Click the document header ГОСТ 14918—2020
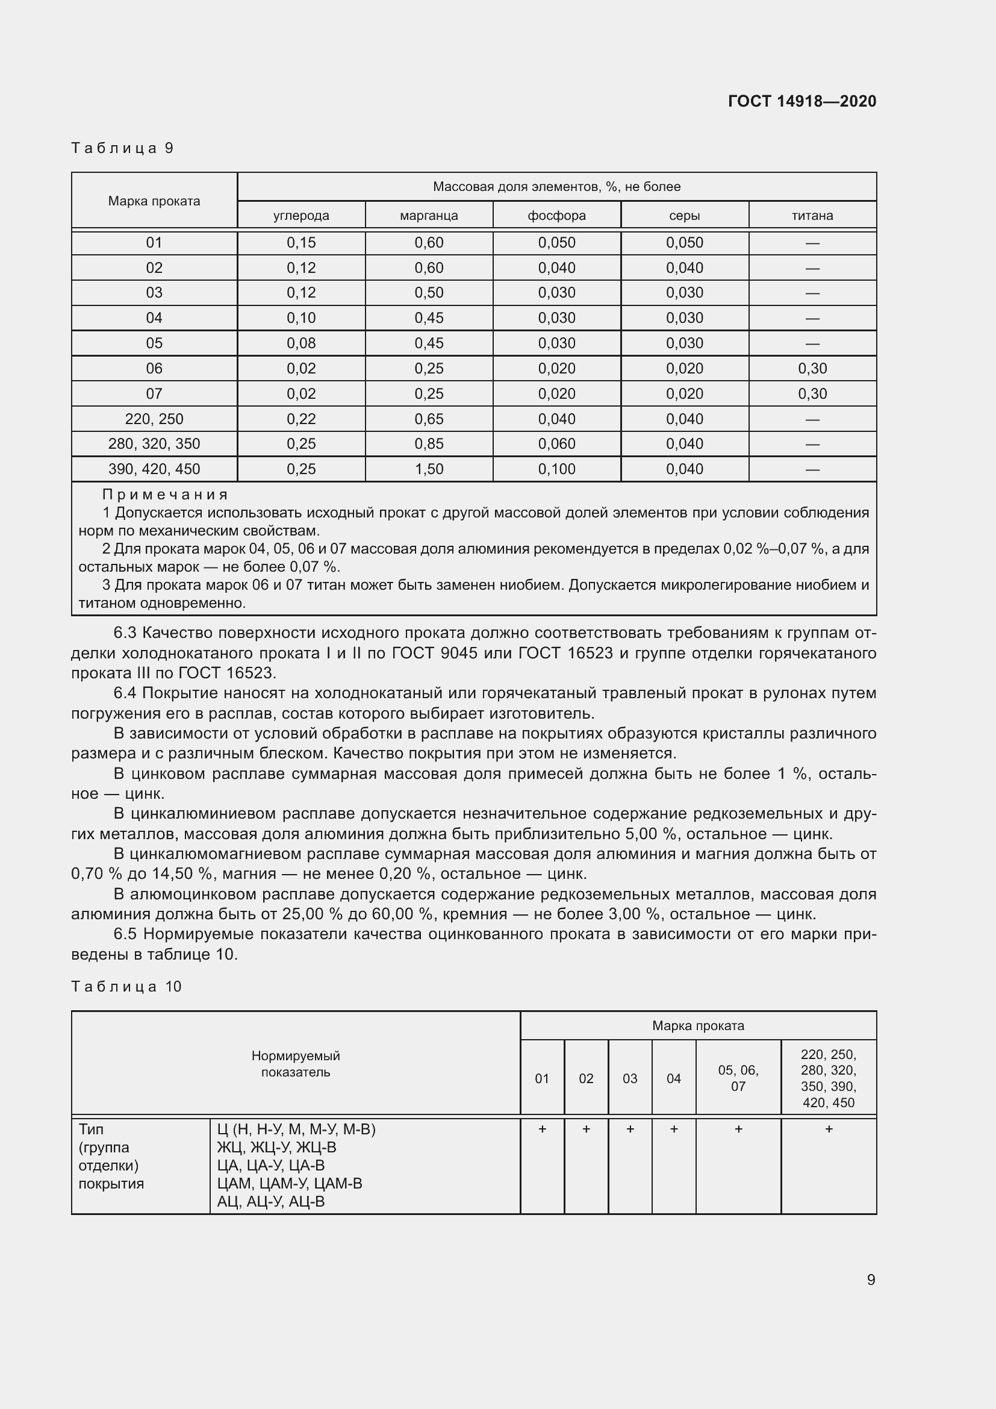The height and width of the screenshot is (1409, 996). coord(801,101)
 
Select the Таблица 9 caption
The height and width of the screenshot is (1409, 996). coord(123,148)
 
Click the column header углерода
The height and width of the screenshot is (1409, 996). coord(301,216)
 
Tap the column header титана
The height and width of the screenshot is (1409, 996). coord(812,216)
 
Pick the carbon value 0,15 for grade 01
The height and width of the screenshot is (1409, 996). coord(301,242)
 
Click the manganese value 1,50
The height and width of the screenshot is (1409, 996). coord(429,469)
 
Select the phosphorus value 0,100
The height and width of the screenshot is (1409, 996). coord(557,469)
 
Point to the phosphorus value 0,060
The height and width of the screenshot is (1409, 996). coord(557,444)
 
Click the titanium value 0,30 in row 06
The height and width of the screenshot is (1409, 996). coord(812,368)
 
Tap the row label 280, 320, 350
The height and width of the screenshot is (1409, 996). coord(154,444)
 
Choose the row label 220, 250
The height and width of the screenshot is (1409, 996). coord(154,419)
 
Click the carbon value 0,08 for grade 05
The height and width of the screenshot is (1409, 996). coord(301,343)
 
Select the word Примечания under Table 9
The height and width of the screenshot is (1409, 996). coord(165,494)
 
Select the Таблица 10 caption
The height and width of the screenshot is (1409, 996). coord(126,986)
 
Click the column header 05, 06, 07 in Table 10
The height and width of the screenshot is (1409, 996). coord(738,1078)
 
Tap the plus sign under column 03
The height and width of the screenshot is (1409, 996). coord(630,1128)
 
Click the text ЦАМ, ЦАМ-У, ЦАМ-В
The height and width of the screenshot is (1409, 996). coord(290,1183)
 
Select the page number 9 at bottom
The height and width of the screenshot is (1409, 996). coord(870,1279)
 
